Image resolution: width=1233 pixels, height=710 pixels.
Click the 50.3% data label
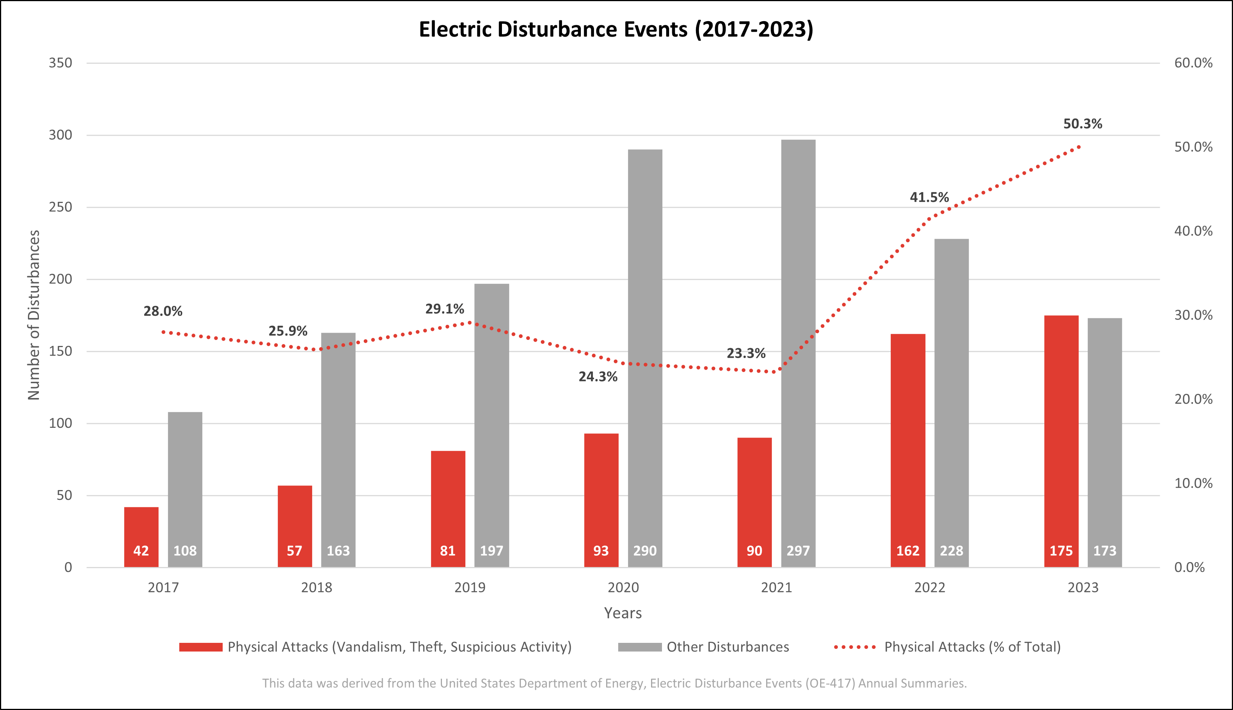tap(1082, 124)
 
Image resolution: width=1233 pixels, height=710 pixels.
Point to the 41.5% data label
tap(929, 197)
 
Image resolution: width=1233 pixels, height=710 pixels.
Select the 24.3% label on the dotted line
tap(598, 377)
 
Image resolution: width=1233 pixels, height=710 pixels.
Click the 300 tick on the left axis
tap(60, 135)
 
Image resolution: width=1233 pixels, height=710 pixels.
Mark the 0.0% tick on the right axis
tap(1189, 567)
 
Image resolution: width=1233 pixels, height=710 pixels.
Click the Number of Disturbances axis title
tap(34, 315)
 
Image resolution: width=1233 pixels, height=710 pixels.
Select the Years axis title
tap(623, 613)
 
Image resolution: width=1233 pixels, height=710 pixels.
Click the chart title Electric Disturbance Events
tap(616, 29)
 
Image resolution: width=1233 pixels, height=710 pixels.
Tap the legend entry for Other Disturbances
tap(727, 647)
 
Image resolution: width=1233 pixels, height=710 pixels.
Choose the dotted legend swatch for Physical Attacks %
tap(854, 647)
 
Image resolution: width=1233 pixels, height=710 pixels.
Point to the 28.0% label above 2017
tap(163, 311)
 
